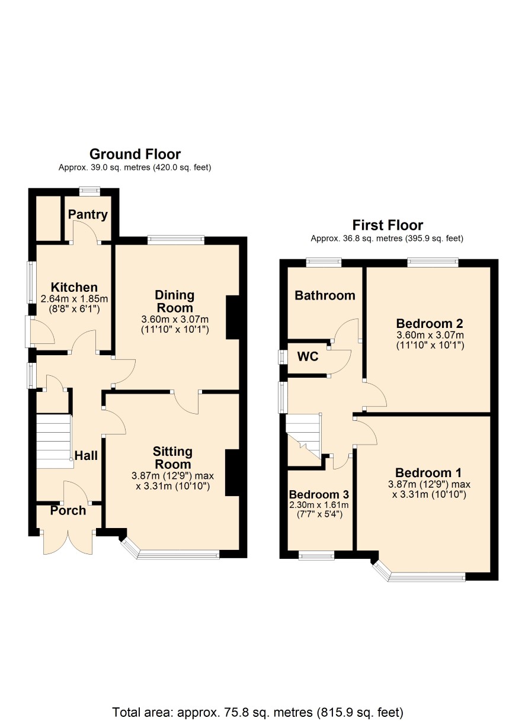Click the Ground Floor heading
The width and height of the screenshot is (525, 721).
point(135,154)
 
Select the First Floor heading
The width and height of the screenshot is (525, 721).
point(388,225)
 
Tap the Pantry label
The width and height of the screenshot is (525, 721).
point(88,214)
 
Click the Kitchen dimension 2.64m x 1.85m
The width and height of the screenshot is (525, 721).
point(74,299)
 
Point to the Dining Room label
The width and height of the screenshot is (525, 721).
point(175,301)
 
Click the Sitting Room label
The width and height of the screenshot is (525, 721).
point(173,458)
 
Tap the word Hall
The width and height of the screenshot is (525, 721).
point(86,455)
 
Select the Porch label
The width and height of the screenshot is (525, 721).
point(68,510)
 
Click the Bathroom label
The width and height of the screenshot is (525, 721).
point(325,295)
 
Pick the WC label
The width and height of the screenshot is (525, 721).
point(308,356)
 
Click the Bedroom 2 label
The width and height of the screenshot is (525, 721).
point(430,323)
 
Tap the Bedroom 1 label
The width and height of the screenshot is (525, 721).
point(428,473)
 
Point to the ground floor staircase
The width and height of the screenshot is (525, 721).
point(53,441)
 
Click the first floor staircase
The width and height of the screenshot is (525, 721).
point(303,436)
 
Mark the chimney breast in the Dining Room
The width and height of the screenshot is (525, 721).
point(233,317)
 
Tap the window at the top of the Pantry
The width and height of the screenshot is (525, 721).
point(90,191)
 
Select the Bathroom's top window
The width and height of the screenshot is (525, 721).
point(324,262)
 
